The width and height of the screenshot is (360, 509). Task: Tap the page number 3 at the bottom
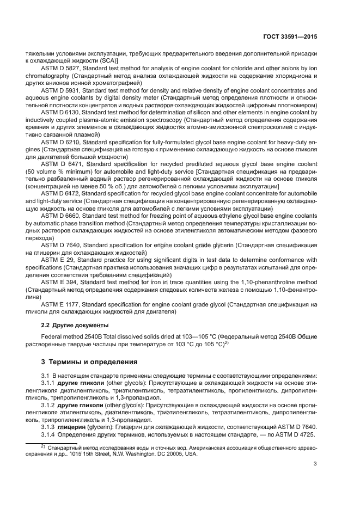[x=315, y=464]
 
